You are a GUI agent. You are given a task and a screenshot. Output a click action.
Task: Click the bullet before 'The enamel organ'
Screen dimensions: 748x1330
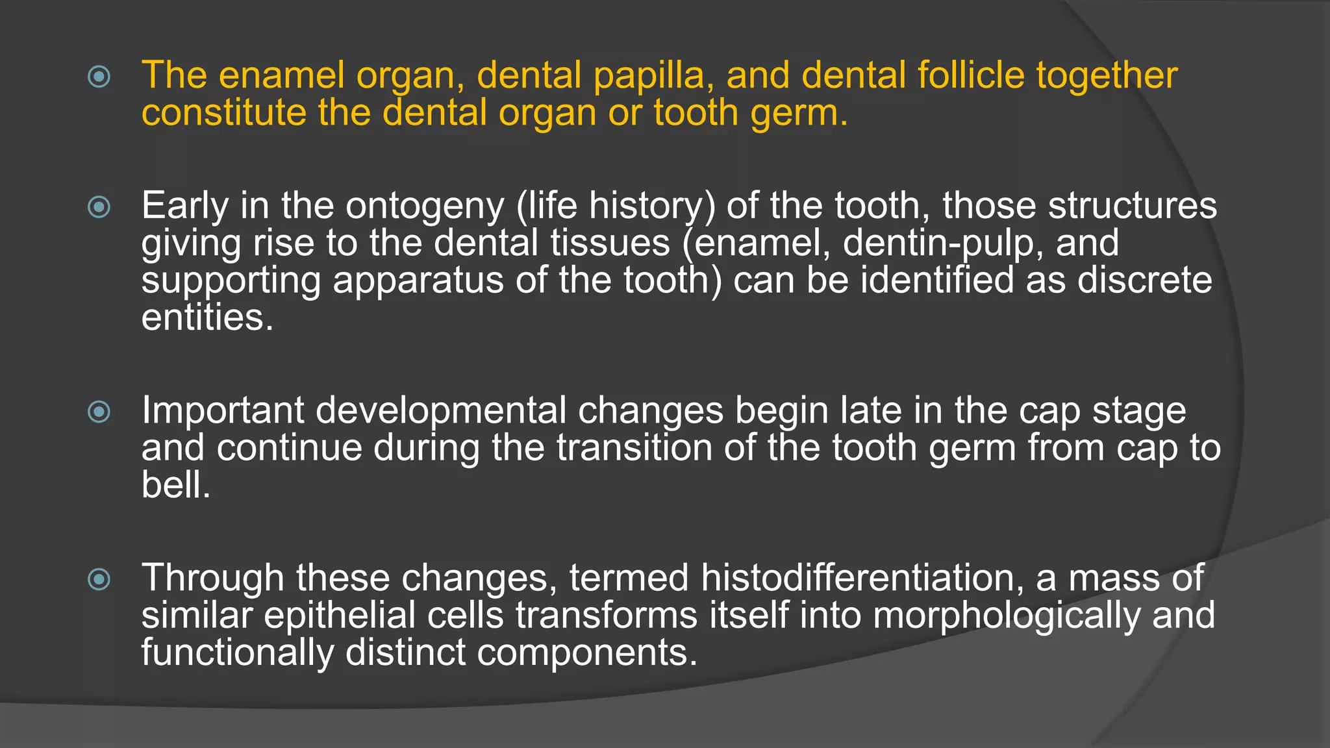click(x=99, y=77)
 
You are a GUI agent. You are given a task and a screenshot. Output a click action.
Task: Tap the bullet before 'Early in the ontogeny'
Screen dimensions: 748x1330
click(x=99, y=207)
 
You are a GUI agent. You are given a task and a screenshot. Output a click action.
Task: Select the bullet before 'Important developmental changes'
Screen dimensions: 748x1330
click(x=99, y=412)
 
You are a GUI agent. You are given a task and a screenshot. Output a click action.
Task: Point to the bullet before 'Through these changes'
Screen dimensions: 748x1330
click(x=99, y=579)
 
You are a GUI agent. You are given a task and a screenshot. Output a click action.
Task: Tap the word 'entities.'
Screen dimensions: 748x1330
click(x=208, y=318)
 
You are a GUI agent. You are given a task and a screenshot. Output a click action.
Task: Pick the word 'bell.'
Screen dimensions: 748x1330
click(x=176, y=485)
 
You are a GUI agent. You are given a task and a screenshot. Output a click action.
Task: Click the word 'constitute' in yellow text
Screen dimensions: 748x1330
click(x=223, y=114)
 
